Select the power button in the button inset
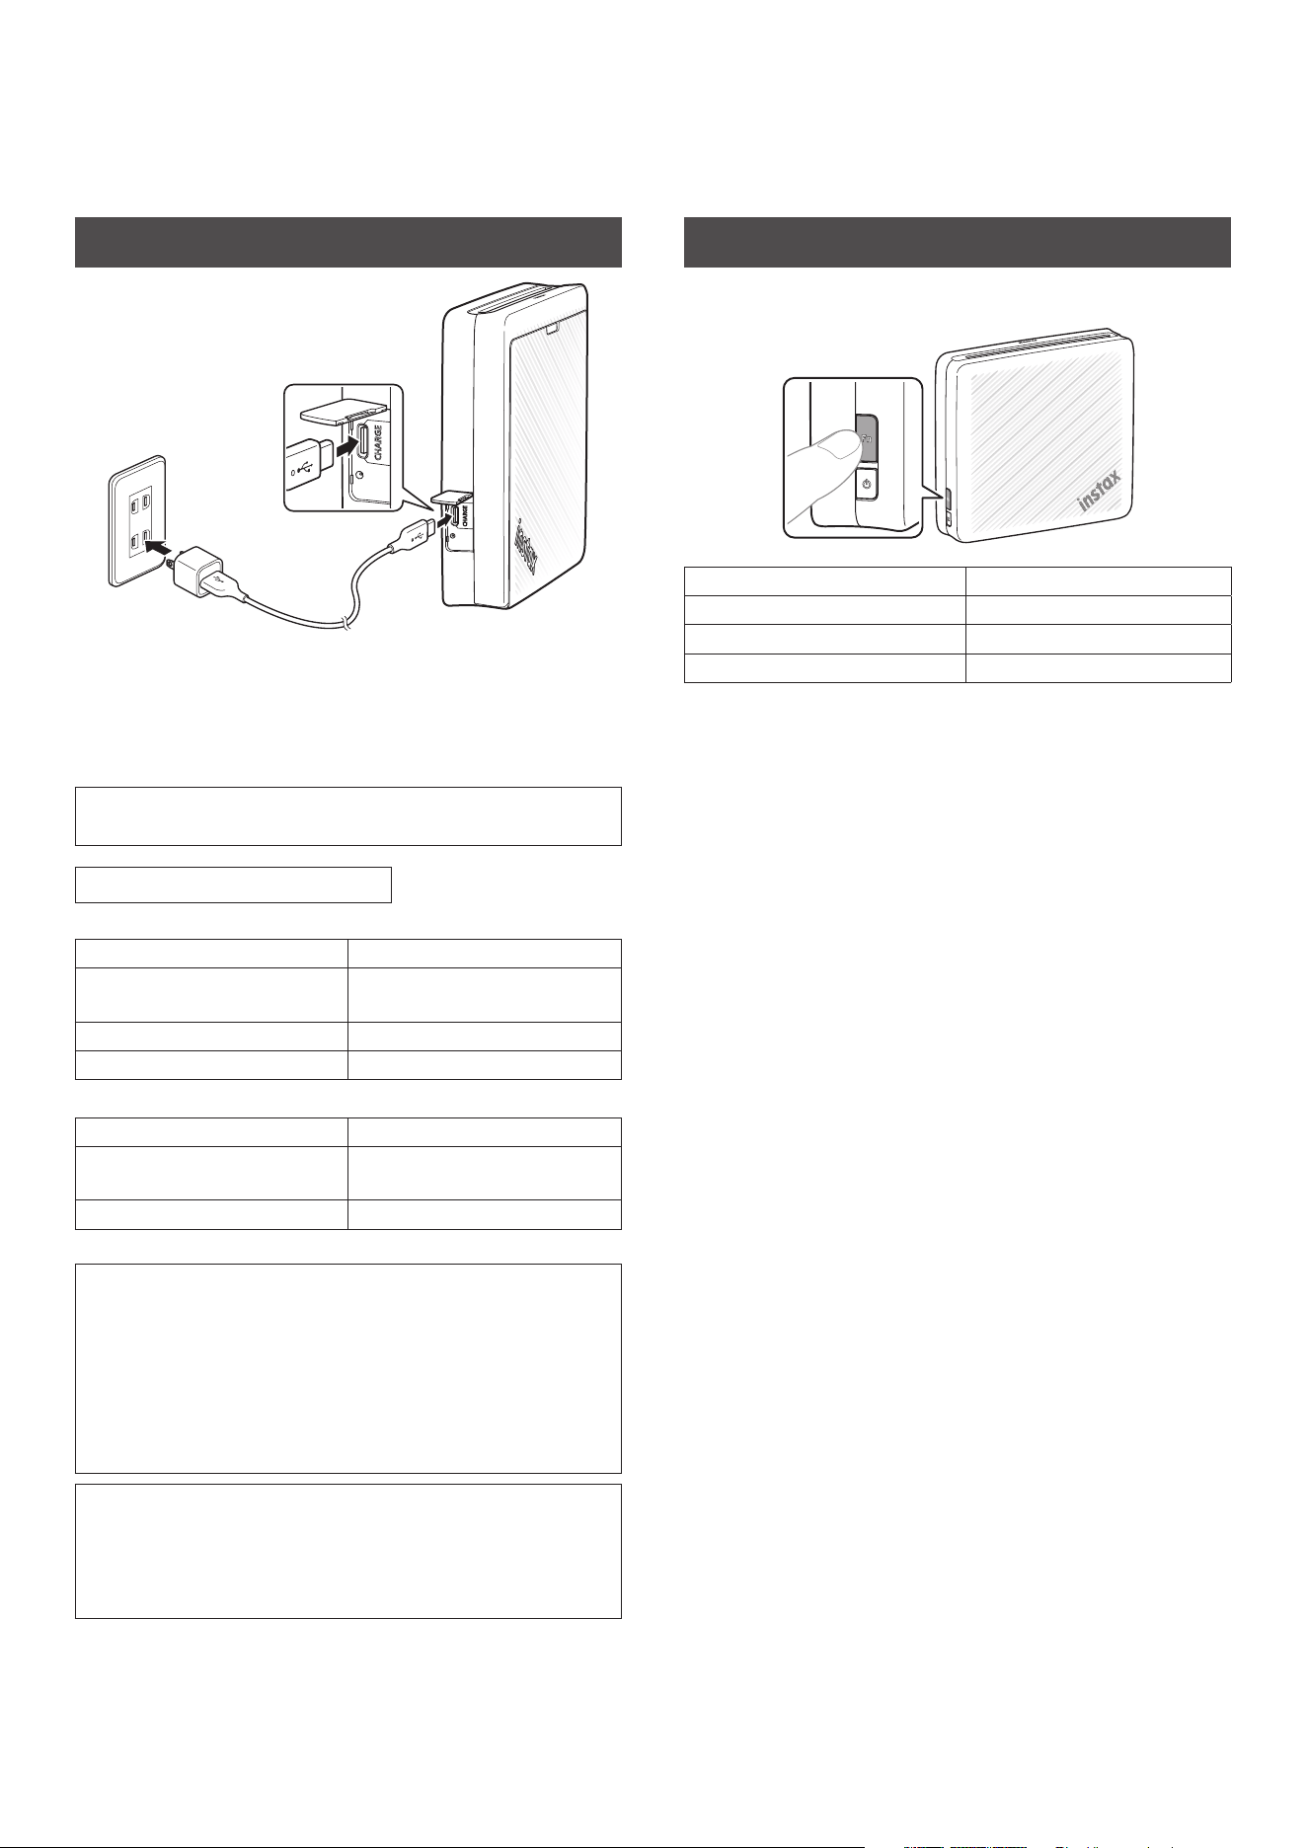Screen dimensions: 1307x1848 [x=866, y=485]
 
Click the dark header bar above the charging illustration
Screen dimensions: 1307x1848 [x=348, y=242]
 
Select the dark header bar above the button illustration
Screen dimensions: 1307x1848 [x=958, y=242]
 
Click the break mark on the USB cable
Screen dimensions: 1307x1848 [x=346, y=621]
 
